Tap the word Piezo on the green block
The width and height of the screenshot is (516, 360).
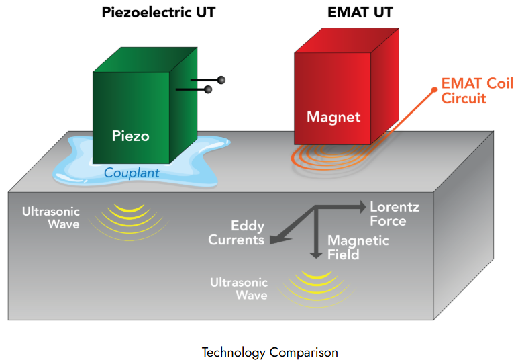click(x=130, y=136)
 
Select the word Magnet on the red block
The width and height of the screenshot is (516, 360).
click(x=333, y=117)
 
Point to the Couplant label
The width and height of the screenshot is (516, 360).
click(x=132, y=173)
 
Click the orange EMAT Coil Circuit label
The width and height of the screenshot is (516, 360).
click(x=477, y=91)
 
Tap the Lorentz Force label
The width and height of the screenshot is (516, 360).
click(x=394, y=214)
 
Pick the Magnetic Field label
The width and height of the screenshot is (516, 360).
click(x=357, y=247)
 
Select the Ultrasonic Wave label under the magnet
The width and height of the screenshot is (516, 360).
click(x=239, y=289)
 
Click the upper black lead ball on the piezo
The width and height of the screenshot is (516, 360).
click(x=221, y=80)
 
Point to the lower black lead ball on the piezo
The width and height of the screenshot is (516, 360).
click(x=208, y=89)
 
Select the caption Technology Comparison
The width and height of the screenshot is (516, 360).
click(x=270, y=352)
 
